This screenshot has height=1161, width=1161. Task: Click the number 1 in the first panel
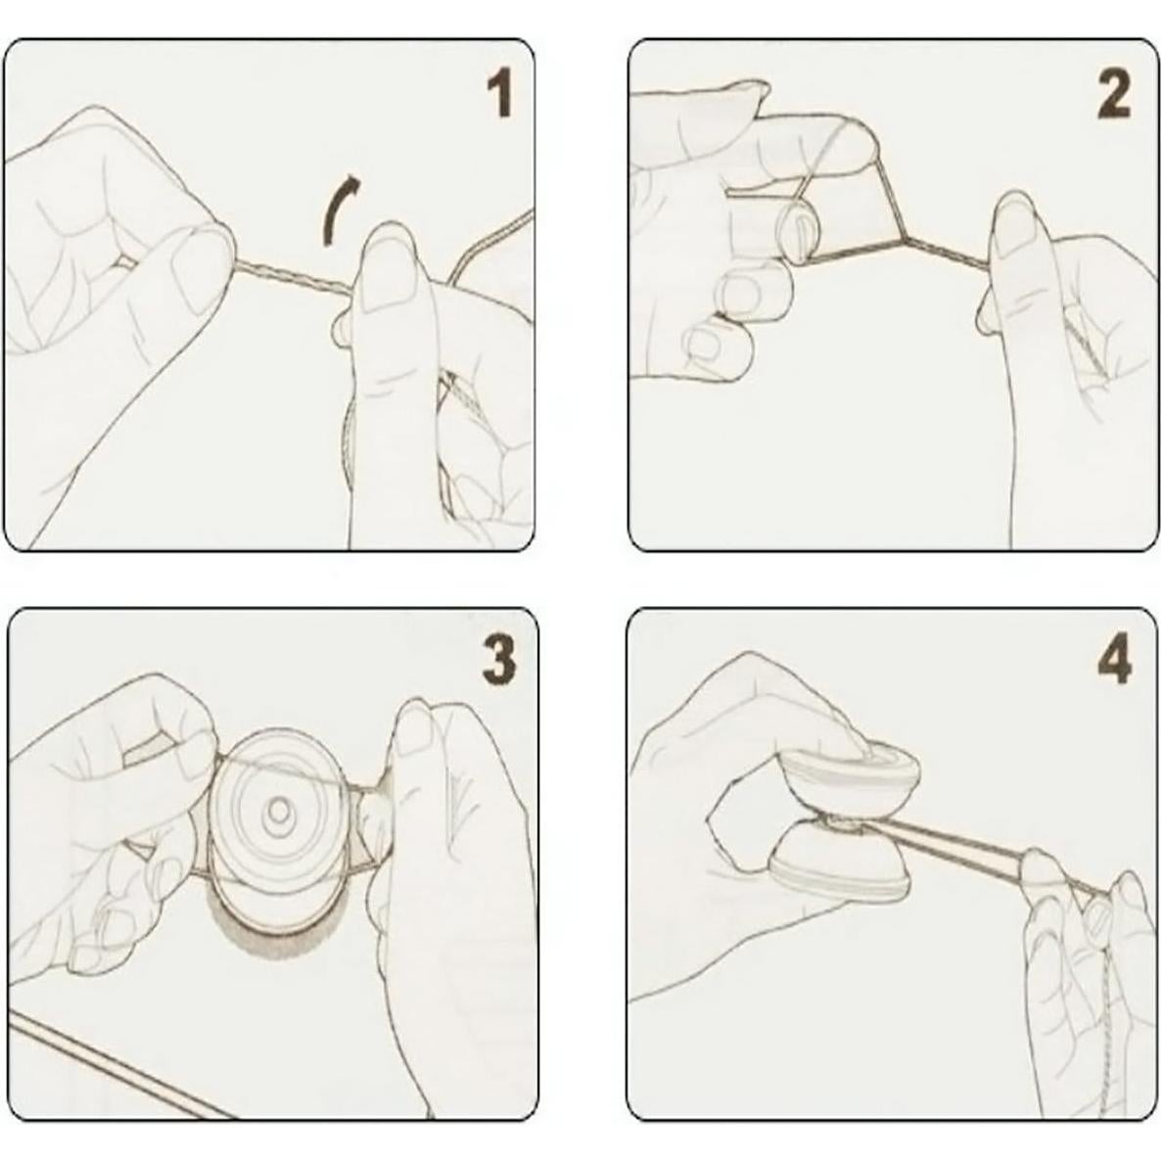(500, 93)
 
